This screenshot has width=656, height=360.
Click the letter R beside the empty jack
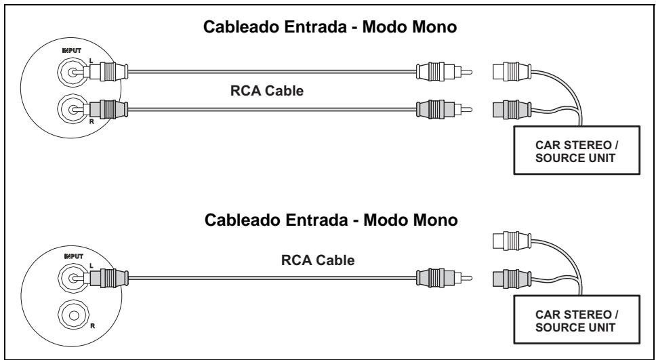pyautogui.click(x=92, y=326)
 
